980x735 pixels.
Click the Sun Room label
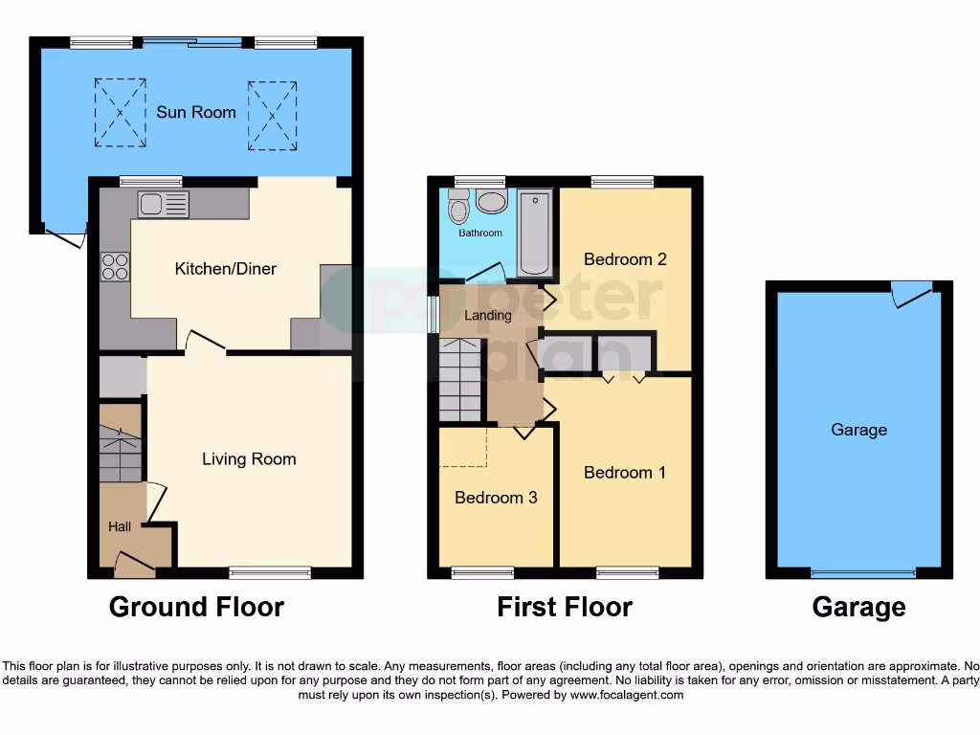pyautogui.click(x=196, y=112)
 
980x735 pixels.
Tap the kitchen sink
pyautogui.click(x=164, y=204)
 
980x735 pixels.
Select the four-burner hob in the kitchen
pyautogui.click(x=116, y=265)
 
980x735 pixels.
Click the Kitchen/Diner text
pyautogui.click(x=225, y=269)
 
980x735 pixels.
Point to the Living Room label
pyautogui.click(x=249, y=459)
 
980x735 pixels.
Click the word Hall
pyautogui.click(x=120, y=526)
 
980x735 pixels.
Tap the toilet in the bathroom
pyautogui.click(x=458, y=207)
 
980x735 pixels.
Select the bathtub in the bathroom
pyautogui.click(x=535, y=233)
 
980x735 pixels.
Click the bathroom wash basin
pyautogui.click(x=492, y=201)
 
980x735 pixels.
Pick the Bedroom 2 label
pyautogui.click(x=625, y=259)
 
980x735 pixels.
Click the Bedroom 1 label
pyautogui.click(x=625, y=473)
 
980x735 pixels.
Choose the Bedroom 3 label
pyautogui.click(x=496, y=498)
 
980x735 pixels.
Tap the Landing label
pyautogui.click(x=488, y=315)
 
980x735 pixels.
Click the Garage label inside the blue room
pyautogui.click(x=858, y=430)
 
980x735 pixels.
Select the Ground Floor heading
pyautogui.click(x=196, y=607)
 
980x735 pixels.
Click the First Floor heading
pyautogui.click(x=565, y=607)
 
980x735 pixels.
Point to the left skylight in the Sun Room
pyautogui.click(x=121, y=112)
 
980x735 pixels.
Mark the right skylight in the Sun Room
pyautogui.click(x=272, y=115)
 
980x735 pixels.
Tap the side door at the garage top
pyautogui.click(x=911, y=293)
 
